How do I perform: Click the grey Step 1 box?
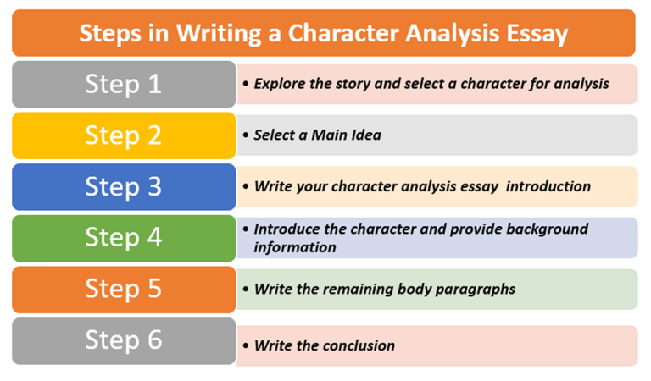point(123,84)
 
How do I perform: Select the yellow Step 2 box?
point(123,135)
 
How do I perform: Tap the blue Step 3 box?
point(123,187)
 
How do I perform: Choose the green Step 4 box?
point(123,238)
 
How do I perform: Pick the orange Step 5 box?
point(123,289)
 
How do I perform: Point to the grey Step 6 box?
point(123,340)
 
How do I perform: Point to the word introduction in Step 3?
point(548,186)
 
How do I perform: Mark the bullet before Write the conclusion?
point(245,346)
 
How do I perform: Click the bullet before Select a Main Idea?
point(245,135)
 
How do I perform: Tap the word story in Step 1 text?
point(357,84)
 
